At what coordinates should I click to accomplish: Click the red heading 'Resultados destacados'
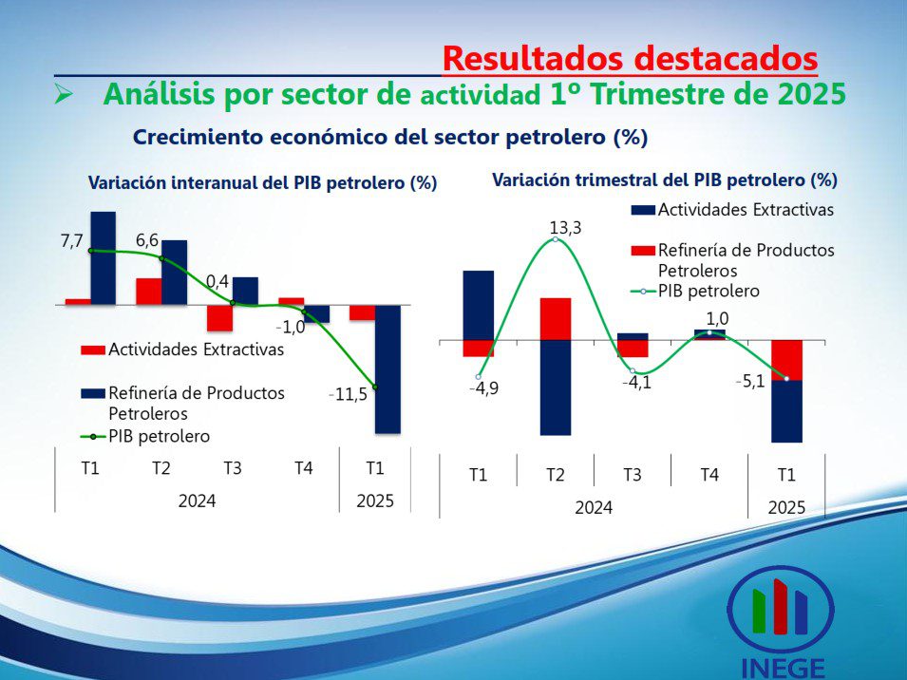coord(630,58)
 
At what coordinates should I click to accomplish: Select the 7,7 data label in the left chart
coord(72,241)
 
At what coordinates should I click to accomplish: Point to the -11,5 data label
coord(348,394)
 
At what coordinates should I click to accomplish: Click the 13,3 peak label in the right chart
coord(565,228)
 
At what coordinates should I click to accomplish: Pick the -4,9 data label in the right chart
coord(483,388)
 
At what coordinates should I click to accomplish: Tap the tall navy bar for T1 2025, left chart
coord(387,368)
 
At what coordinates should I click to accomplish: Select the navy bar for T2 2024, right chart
coord(556,387)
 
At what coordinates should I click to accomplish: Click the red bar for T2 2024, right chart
coord(556,319)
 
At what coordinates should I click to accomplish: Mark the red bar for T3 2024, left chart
coord(219,318)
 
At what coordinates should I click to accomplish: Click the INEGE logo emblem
coord(781,609)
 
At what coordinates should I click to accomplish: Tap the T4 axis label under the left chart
coord(304,468)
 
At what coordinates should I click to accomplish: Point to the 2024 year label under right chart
coord(594,508)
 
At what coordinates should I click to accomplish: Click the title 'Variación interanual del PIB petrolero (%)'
coord(263,183)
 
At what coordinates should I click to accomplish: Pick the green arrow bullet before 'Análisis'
coord(63,95)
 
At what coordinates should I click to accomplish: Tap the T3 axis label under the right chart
coord(633,475)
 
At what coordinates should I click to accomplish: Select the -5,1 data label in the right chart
coord(749,382)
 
